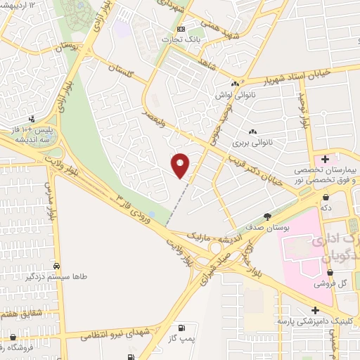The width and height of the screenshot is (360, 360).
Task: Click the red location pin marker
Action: [181, 165]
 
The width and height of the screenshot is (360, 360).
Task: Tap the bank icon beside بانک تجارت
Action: [181, 30]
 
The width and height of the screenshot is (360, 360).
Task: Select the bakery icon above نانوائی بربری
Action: [252, 131]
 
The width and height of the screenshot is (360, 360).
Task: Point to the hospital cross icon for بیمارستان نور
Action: [325, 160]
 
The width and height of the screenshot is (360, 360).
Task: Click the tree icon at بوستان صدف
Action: [267, 217]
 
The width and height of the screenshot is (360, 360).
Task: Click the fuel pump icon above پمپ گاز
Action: [183, 328]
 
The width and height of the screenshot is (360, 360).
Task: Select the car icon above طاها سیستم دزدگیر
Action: [56, 266]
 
